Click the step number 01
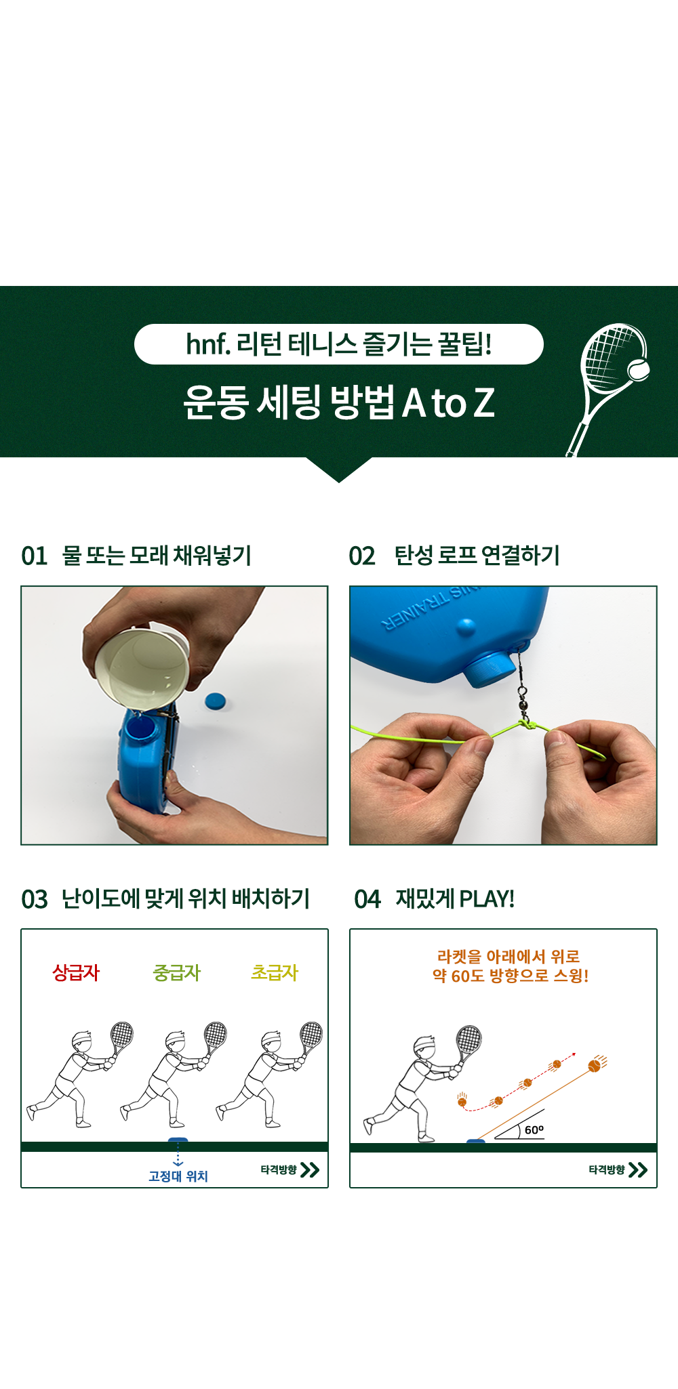pos(35,556)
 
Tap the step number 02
pos(362,556)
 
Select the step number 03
pos(35,900)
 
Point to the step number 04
pos(367,900)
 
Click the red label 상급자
pos(76,973)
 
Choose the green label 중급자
pos(177,973)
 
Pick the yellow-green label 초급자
pos(275,973)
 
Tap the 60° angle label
pos(534,1129)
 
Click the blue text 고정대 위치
pos(178,1176)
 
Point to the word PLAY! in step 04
pos(487,899)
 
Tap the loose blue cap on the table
pos(215,701)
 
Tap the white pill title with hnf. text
pos(339,344)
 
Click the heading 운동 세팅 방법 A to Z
pos(339,402)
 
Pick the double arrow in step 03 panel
pos(310,1170)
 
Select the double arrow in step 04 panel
pos(638,1170)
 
